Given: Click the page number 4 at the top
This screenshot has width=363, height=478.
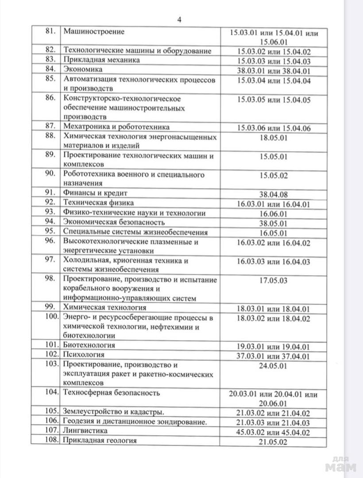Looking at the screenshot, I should pyautogui.click(x=180, y=19).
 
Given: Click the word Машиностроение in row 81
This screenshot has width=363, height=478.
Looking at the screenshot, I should pyautogui.click(x=94, y=32).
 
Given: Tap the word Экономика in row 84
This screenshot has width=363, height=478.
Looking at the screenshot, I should pyautogui.click(x=83, y=69).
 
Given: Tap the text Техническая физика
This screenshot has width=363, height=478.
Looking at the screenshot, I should pyautogui.click(x=99, y=203).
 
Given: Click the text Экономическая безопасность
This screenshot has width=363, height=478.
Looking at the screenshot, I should pyautogui.click(x=114, y=222).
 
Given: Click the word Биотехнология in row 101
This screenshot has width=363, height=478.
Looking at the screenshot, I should pyautogui.click(x=89, y=345).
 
